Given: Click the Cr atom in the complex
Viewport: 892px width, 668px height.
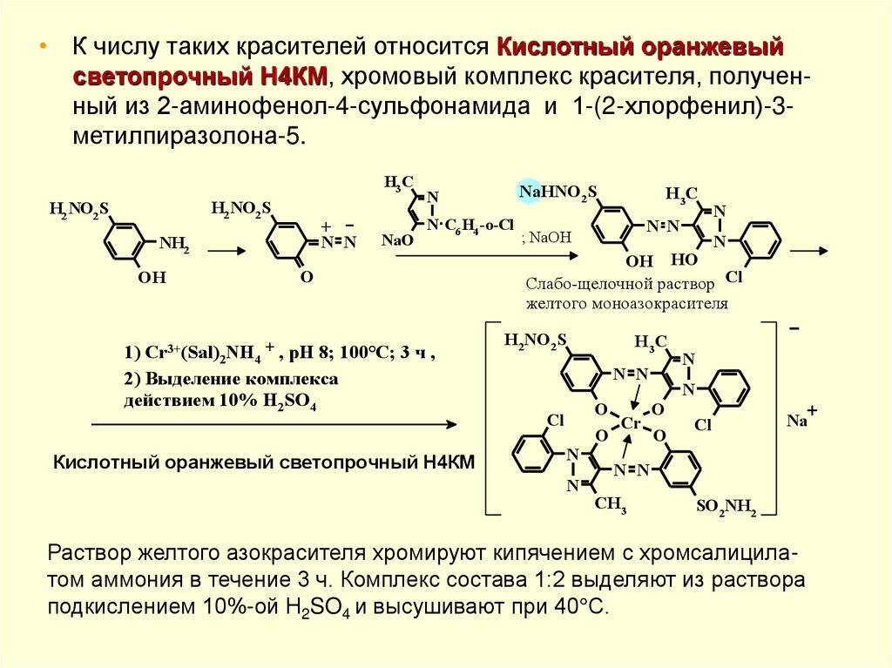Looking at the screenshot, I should (x=632, y=424).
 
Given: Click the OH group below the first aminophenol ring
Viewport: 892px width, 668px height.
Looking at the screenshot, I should (x=149, y=278).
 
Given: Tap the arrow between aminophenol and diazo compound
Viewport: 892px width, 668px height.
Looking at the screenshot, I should (x=226, y=251).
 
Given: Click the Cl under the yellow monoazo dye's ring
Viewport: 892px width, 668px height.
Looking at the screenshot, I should (x=733, y=278).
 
